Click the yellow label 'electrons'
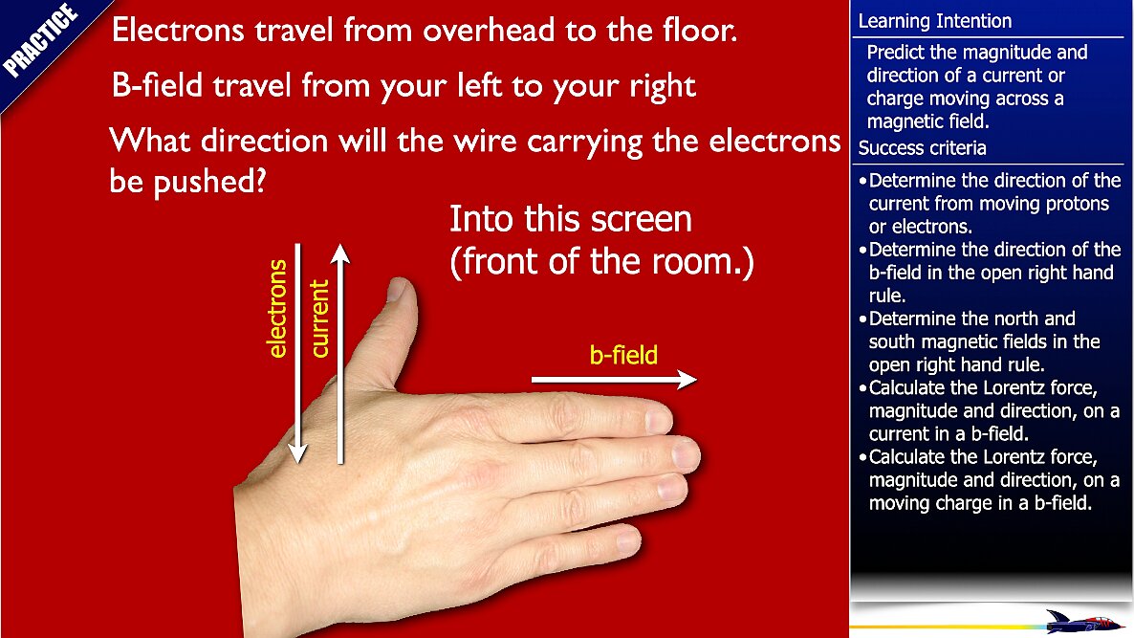(277, 309)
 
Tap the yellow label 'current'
(319, 319)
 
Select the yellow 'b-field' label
(623, 355)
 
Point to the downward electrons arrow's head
(297, 453)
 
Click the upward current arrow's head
(340, 253)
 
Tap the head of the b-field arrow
(687, 379)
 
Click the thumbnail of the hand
(397, 290)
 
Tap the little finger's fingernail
(628, 540)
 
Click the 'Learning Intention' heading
(934, 21)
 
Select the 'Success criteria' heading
(922, 148)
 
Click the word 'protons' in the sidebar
(1076, 204)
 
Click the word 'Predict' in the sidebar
(893, 52)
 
